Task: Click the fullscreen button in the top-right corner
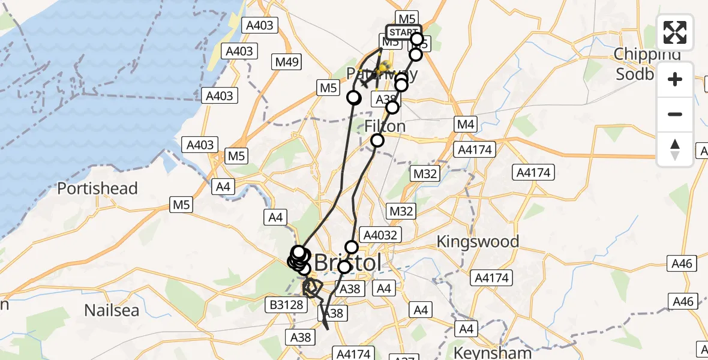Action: (675, 32)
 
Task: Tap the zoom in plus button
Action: (675, 79)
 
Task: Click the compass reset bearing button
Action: (675, 149)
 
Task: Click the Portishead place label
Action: (97, 188)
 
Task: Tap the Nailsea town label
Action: (112, 310)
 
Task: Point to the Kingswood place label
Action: (478, 242)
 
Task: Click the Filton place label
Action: (385, 127)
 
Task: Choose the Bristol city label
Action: (348, 263)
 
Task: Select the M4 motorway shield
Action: (466, 125)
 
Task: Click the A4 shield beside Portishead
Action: (223, 187)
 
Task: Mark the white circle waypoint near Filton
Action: (377, 140)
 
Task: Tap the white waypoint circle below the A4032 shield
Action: (352, 247)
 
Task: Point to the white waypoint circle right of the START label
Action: (417, 40)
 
